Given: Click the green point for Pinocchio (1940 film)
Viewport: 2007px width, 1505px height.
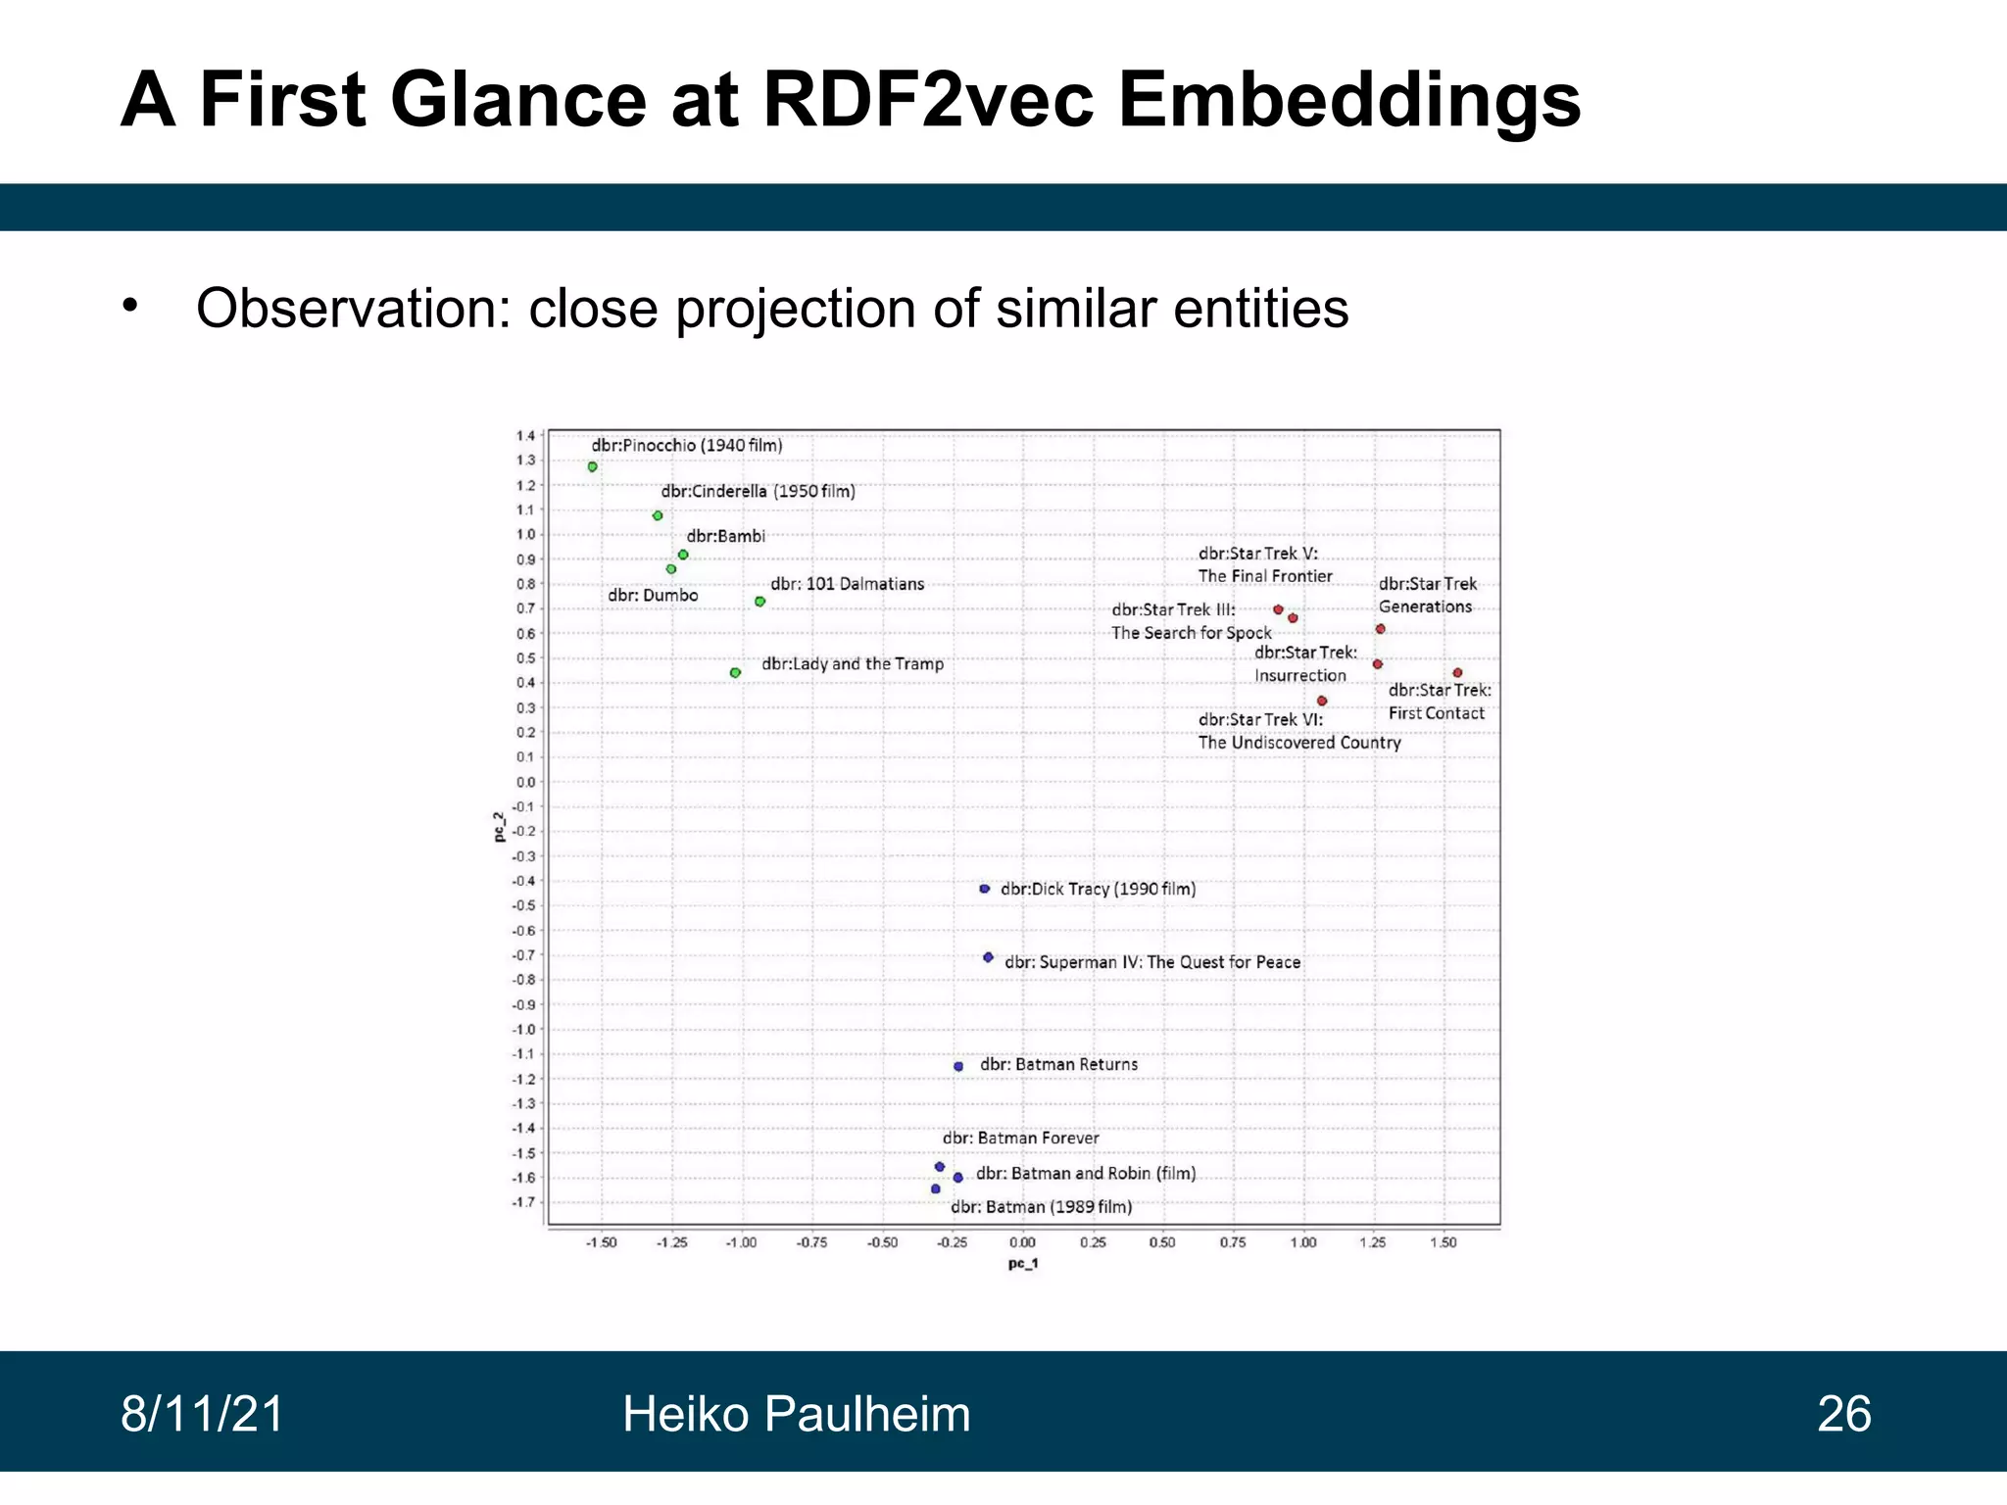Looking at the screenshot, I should tap(592, 466).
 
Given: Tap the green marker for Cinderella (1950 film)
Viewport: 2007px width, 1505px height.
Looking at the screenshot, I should tap(658, 515).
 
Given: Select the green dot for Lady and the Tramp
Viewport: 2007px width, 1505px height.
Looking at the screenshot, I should tap(735, 672).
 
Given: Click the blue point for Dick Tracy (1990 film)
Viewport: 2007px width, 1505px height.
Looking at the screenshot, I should tap(985, 889).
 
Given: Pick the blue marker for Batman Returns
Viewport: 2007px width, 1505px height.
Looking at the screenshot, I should tap(958, 1066).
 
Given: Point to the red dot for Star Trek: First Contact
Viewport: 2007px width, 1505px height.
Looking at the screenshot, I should tap(1457, 672).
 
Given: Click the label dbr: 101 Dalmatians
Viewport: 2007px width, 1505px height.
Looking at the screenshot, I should tap(847, 584).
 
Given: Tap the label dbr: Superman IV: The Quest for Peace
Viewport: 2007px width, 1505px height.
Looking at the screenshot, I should tap(1152, 962).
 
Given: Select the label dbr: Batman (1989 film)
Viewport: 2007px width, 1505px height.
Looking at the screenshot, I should tap(1041, 1207).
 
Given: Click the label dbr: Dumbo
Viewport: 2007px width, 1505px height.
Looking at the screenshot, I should tap(653, 595).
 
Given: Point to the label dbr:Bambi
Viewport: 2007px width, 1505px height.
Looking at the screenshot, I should tap(725, 536).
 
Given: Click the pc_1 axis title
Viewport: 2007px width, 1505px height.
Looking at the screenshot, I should tap(1022, 1264).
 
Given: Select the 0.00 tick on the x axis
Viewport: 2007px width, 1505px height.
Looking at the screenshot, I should tap(1022, 1242).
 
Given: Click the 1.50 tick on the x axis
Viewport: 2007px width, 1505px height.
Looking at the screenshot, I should tap(1443, 1242).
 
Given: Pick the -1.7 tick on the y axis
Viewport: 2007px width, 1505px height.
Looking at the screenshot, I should tap(524, 1202).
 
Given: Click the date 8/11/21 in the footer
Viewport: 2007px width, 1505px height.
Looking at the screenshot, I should tap(202, 1414).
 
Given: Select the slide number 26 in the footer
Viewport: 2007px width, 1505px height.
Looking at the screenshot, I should tap(1843, 1414).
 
